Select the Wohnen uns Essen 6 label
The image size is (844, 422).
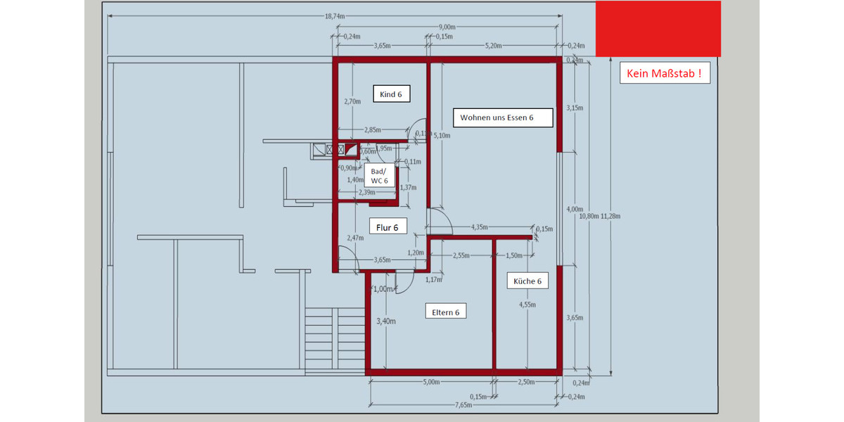[497, 117]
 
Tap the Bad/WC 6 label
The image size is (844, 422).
[379, 175]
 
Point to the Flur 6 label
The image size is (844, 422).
[388, 227]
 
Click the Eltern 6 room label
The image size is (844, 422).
[446, 312]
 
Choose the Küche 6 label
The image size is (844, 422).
[527, 281]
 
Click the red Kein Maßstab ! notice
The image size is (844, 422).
[665, 73]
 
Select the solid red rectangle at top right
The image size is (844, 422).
[658, 29]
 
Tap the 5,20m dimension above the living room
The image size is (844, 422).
[494, 46]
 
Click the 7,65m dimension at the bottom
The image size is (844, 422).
[463, 405]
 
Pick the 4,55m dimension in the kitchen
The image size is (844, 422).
[527, 305]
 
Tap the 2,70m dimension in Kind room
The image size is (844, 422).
[352, 101]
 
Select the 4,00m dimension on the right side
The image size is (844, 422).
[575, 209]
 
